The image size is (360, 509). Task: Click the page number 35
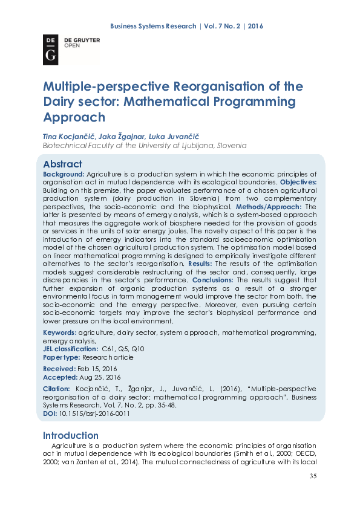[313, 476]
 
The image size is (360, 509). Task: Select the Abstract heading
[62, 164]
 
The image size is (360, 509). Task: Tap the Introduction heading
[70, 435]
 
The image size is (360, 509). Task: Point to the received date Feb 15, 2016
[97, 368]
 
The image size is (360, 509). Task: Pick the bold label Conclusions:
[215, 280]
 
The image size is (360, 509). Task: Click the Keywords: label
[59, 332]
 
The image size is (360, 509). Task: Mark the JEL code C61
[110, 349]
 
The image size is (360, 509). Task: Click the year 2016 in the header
[255, 26]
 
